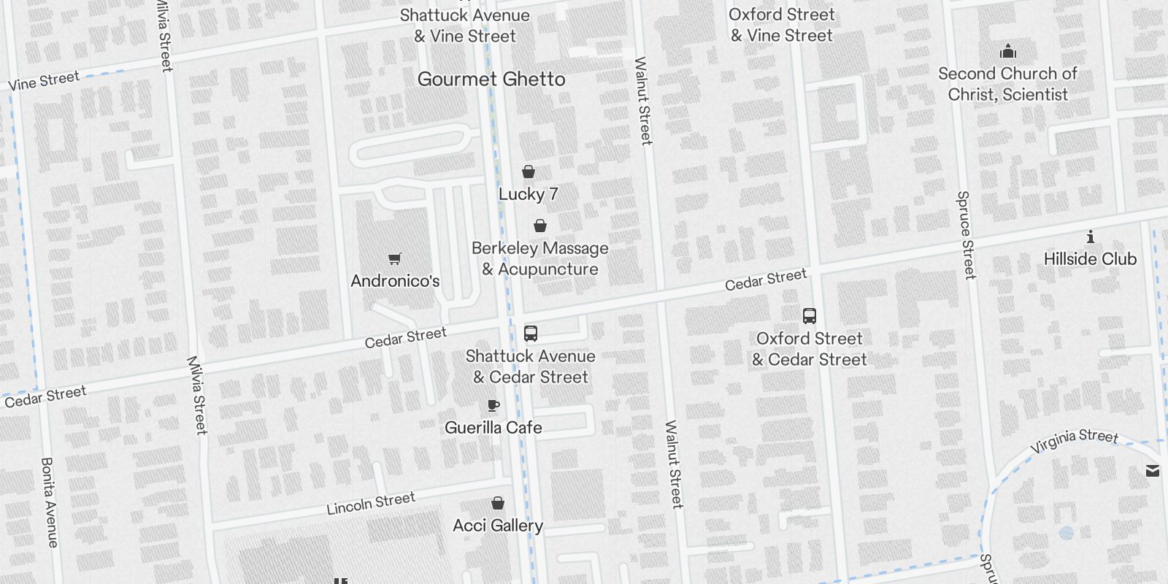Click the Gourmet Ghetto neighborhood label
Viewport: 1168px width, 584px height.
coord(491,79)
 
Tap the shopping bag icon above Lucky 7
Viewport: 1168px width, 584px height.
coord(529,172)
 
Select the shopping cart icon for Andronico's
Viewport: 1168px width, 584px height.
coord(395,258)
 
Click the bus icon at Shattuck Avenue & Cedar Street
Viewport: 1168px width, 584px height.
coord(531,334)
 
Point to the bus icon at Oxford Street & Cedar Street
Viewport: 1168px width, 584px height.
coord(809,316)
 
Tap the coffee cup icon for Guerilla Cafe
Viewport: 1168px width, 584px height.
coord(493,405)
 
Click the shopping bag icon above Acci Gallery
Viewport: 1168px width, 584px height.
coord(498,503)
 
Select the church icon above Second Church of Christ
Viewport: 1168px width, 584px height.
coord(1008,51)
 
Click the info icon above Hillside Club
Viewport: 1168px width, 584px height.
coord(1090,237)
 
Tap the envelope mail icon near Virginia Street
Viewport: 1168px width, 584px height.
coord(1153,471)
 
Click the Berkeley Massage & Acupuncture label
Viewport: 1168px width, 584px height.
coord(539,258)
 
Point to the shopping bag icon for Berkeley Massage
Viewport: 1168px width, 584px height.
coord(540,226)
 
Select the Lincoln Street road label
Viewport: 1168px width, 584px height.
coord(371,503)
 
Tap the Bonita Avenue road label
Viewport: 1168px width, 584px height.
coord(48,502)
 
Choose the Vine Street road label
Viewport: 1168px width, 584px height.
coord(44,80)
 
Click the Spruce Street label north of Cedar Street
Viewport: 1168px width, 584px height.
coord(966,235)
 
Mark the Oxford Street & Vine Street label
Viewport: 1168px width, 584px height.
coord(781,25)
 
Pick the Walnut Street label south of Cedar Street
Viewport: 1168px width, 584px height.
coord(673,464)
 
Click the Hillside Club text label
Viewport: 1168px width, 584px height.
coord(1090,258)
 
